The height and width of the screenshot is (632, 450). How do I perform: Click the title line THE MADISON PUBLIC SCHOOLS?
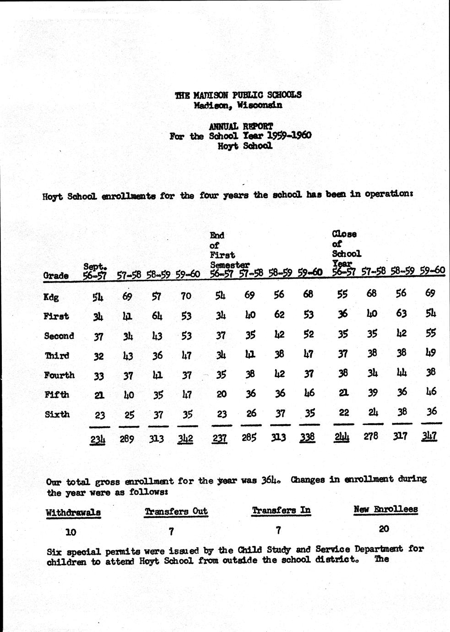tap(238, 95)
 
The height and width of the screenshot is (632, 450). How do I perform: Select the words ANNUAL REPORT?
tap(241, 126)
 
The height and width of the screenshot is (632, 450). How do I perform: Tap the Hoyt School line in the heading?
tap(245, 146)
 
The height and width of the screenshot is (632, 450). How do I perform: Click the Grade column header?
tap(56, 276)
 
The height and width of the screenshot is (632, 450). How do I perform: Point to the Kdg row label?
tap(51, 297)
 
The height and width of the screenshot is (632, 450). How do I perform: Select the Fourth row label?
tap(59, 375)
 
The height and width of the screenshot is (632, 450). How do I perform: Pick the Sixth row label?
tap(57, 414)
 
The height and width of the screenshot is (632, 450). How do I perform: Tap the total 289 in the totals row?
tap(127, 439)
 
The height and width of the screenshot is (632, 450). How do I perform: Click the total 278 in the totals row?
tap(371, 436)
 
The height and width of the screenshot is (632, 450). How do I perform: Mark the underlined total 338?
tap(307, 437)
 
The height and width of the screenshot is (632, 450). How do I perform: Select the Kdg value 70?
tap(186, 296)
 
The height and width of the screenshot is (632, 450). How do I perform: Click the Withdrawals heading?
tap(73, 512)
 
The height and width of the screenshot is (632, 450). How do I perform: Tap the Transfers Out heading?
tap(176, 511)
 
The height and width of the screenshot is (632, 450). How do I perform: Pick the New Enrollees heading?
tap(385, 509)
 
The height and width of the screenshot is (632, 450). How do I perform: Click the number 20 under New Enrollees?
tap(384, 529)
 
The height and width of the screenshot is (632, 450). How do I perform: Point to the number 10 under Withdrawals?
tap(70, 532)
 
